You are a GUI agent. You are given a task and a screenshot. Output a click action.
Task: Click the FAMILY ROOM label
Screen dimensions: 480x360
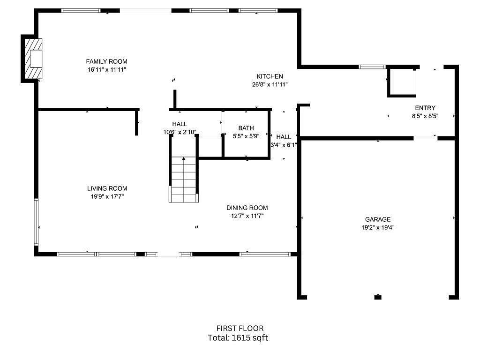tap(106, 61)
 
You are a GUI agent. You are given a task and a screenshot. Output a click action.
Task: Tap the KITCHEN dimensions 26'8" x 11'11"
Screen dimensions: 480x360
tap(270, 84)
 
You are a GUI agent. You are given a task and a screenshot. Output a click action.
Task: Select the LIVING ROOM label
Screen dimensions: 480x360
tap(107, 188)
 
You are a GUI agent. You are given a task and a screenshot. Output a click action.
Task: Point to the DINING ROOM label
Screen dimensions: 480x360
tap(247, 208)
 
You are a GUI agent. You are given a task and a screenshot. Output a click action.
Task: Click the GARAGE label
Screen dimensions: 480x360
tap(378, 219)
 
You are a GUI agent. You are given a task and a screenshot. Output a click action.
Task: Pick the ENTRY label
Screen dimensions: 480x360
tap(425, 108)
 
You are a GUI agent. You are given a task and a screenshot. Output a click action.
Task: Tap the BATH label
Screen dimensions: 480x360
tap(246, 128)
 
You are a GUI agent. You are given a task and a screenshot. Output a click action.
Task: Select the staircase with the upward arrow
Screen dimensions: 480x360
tap(184, 180)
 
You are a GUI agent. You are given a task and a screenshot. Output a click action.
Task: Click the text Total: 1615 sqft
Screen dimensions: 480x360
tap(238, 338)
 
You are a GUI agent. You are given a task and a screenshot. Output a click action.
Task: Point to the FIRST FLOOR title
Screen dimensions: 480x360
tap(240, 329)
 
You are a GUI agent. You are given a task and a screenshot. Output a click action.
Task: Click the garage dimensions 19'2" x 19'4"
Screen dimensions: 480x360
tap(378, 228)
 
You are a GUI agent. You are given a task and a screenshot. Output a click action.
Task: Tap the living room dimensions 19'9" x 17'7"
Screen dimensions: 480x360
tap(107, 197)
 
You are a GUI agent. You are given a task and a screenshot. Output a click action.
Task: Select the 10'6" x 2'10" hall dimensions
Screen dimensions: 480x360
tap(180, 132)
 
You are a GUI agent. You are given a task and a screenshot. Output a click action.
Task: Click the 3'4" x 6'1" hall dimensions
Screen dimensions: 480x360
tap(284, 145)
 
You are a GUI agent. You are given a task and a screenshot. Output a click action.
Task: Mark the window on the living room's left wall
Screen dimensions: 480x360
tap(36, 222)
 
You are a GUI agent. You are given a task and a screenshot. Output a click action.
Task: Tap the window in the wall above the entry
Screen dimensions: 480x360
tap(372, 67)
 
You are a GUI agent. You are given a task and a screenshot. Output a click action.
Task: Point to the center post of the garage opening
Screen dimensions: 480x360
tap(378, 297)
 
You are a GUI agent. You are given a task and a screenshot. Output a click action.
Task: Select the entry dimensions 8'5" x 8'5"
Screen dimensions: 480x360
tap(425, 116)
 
